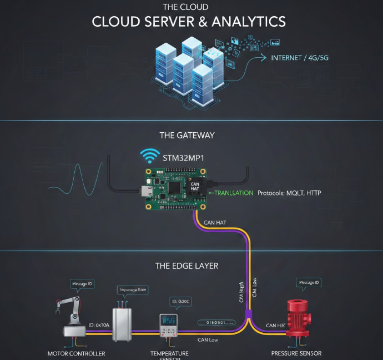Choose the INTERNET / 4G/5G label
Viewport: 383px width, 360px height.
pyautogui.click(x=300, y=58)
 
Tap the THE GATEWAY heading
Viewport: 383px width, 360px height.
pyautogui.click(x=187, y=135)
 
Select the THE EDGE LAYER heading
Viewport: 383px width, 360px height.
pyautogui.click(x=187, y=266)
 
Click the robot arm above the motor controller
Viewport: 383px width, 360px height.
pyautogui.click(x=70, y=311)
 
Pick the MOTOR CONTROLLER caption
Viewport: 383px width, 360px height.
pyautogui.click(x=76, y=353)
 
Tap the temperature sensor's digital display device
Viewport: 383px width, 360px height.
pyautogui.click(x=167, y=326)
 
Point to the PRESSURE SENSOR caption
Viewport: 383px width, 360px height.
pyautogui.click(x=296, y=353)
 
